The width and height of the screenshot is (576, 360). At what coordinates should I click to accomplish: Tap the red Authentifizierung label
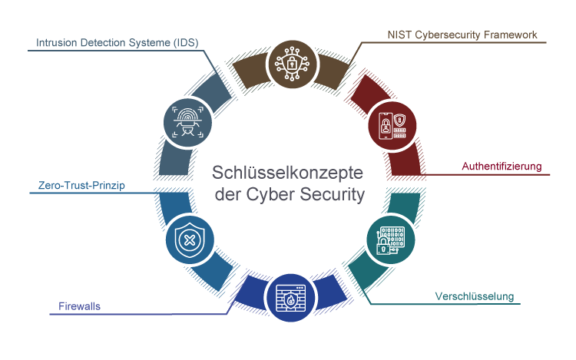pyautogui.click(x=502, y=166)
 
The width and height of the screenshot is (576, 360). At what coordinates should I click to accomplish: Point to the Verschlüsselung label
pyautogui.click(x=474, y=296)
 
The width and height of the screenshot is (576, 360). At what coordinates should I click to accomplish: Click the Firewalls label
pyautogui.click(x=80, y=306)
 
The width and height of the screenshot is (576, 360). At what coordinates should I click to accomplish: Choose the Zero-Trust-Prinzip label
pyautogui.click(x=81, y=185)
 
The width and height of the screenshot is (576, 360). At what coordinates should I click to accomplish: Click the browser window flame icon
pyautogui.click(x=290, y=296)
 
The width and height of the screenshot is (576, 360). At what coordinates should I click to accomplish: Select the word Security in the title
pyautogui.click(x=333, y=195)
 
